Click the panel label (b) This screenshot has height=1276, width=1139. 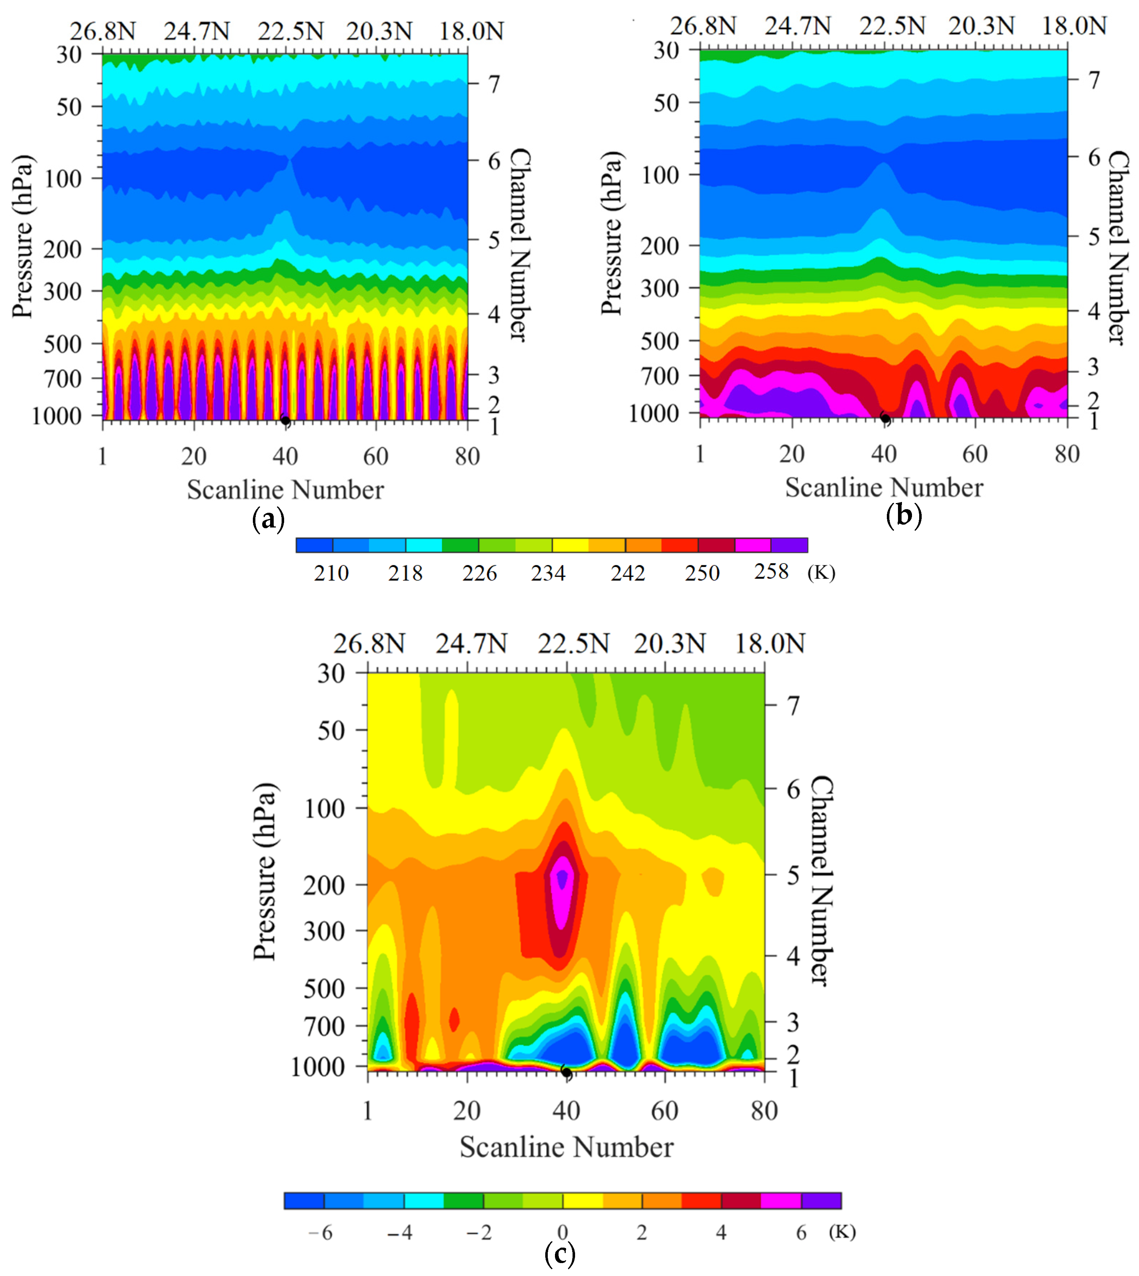(x=904, y=516)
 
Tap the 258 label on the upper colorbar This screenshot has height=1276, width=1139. (x=771, y=572)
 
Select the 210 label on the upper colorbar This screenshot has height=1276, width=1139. (x=331, y=573)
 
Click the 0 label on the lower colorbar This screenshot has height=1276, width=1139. (x=562, y=1232)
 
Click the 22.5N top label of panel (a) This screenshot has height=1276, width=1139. (x=290, y=31)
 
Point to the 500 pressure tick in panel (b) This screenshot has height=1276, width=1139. (x=659, y=341)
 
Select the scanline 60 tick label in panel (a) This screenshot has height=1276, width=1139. (x=375, y=456)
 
